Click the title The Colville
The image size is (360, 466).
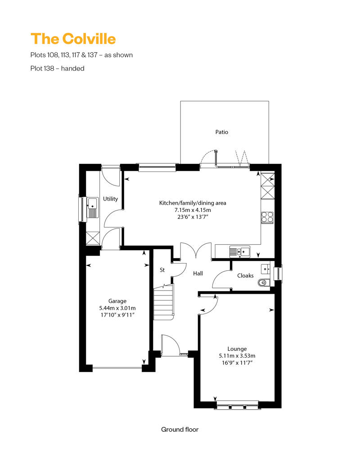pyautogui.click(x=73, y=39)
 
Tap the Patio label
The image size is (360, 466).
pyautogui.click(x=222, y=132)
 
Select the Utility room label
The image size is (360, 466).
pyautogui.click(x=110, y=199)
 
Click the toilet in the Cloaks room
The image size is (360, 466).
pyautogui.click(x=263, y=282)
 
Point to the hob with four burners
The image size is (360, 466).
pyautogui.click(x=267, y=217)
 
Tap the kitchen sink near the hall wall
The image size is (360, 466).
pyautogui.click(x=239, y=252)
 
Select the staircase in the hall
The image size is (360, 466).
pyautogui.click(x=163, y=302)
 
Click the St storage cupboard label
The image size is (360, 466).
pyautogui.click(x=162, y=270)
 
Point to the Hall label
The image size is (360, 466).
pyautogui.click(x=198, y=273)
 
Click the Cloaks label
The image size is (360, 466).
pyautogui.click(x=245, y=276)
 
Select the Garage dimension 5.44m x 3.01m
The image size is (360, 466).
pyautogui.click(x=117, y=308)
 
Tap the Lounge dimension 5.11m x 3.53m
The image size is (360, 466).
pyautogui.click(x=237, y=356)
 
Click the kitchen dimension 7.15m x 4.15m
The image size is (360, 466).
pyautogui.click(x=193, y=210)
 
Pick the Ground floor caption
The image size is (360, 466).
pyautogui.click(x=180, y=430)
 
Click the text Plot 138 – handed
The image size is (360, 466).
pyautogui.click(x=57, y=68)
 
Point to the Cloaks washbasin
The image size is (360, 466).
pyautogui.click(x=265, y=269)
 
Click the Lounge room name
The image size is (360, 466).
pyautogui.click(x=237, y=349)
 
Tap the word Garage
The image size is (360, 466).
pyautogui.click(x=117, y=301)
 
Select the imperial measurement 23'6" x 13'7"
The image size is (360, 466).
pyautogui.click(x=193, y=217)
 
